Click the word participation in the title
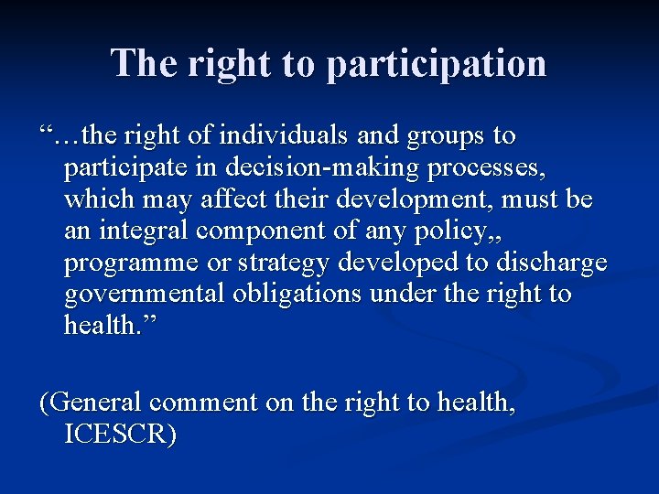(436, 64)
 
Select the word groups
(443, 136)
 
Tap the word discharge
(551, 262)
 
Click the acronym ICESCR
(120, 434)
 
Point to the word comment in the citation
(204, 403)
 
